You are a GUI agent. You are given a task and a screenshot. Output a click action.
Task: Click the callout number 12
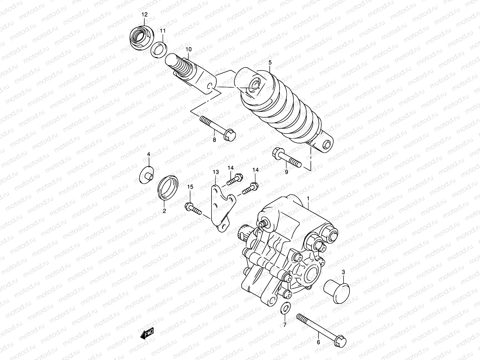click(x=145, y=14)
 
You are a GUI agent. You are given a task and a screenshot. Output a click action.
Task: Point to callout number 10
click(x=188, y=49)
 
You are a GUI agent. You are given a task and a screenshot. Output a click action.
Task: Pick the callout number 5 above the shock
click(x=270, y=62)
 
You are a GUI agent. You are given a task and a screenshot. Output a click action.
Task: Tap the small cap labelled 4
click(x=146, y=175)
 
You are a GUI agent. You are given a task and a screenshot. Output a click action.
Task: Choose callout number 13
click(x=216, y=172)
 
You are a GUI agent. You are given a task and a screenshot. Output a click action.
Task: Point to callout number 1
click(x=308, y=198)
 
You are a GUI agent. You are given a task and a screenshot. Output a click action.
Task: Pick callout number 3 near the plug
click(x=344, y=272)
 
